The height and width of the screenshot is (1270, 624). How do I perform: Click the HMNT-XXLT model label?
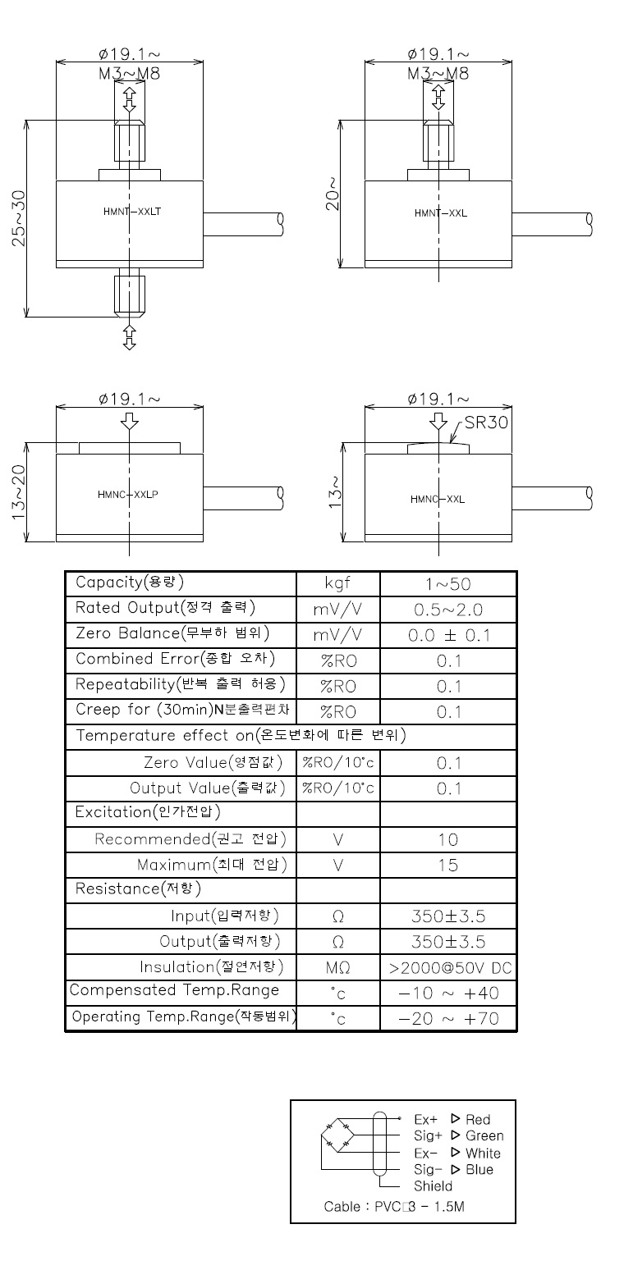tap(132, 212)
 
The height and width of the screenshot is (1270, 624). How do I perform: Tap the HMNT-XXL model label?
tap(441, 213)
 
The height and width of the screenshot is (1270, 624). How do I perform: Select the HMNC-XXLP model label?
tap(127, 495)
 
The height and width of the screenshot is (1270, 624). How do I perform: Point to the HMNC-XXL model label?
tap(438, 500)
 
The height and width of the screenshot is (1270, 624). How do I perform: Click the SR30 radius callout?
tap(486, 423)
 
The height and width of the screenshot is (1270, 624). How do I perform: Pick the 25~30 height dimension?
tap(19, 218)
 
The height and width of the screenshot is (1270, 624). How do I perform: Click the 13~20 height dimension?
tap(19, 491)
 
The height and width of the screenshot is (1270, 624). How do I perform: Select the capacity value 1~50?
tap(448, 584)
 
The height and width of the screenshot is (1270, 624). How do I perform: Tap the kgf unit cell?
tap(337, 583)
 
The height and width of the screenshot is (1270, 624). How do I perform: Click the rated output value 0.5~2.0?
tap(448, 610)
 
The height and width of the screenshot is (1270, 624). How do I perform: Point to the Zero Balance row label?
tap(172, 633)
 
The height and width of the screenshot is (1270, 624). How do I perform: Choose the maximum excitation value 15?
tap(447, 866)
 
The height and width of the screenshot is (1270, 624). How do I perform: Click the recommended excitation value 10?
tap(447, 839)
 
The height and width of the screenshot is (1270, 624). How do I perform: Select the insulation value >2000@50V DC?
tap(451, 968)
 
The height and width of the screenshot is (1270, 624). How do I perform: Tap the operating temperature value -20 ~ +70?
tap(449, 1019)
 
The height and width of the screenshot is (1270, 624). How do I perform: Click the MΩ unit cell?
tap(337, 968)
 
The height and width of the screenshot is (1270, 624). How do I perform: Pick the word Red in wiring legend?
tap(478, 1119)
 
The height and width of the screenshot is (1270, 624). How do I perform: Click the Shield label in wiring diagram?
tap(433, 1185)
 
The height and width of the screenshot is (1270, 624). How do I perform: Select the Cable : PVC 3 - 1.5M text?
tap(394, 1206)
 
